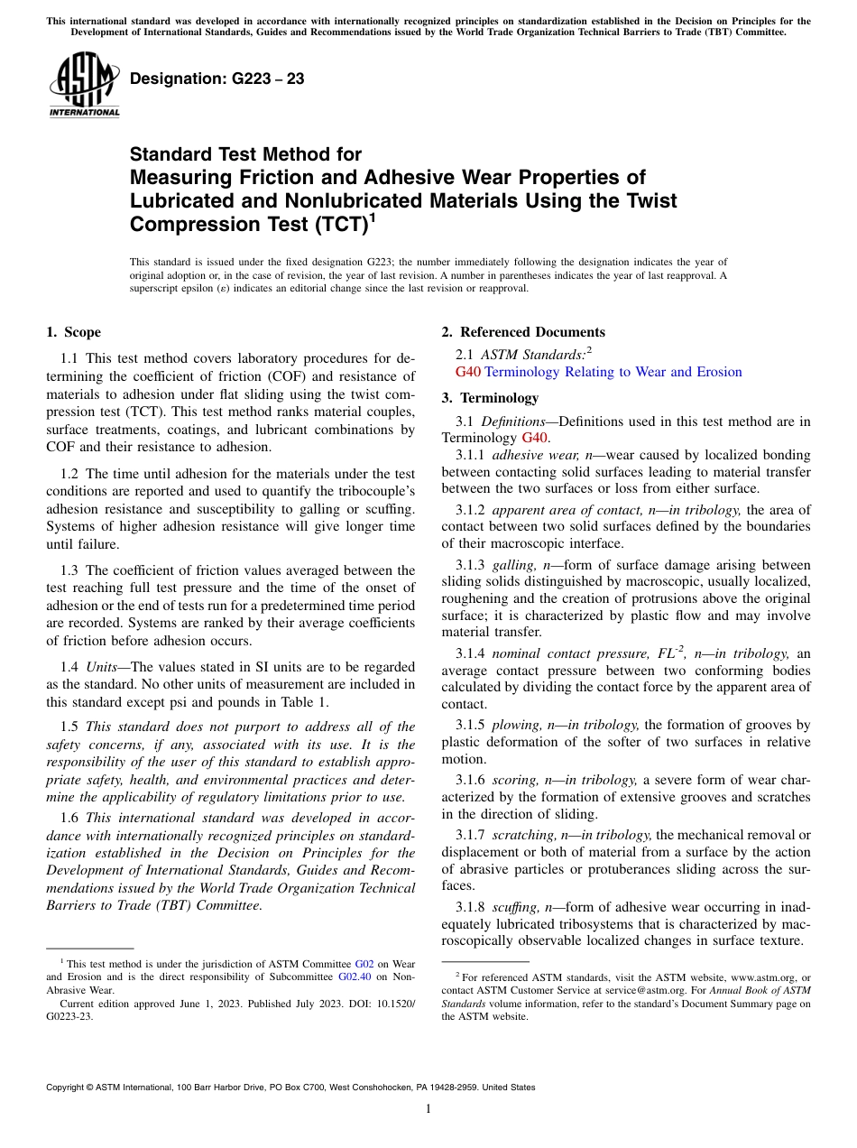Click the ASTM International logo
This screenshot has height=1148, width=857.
[84, 86]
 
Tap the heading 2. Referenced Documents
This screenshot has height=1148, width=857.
[522, 332]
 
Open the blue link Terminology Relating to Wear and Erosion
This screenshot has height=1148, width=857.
[613, 372]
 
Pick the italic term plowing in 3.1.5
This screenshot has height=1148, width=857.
[514, 725]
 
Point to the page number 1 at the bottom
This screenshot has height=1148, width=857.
[428, 1108]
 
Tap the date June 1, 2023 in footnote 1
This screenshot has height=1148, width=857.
[184, 1003]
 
